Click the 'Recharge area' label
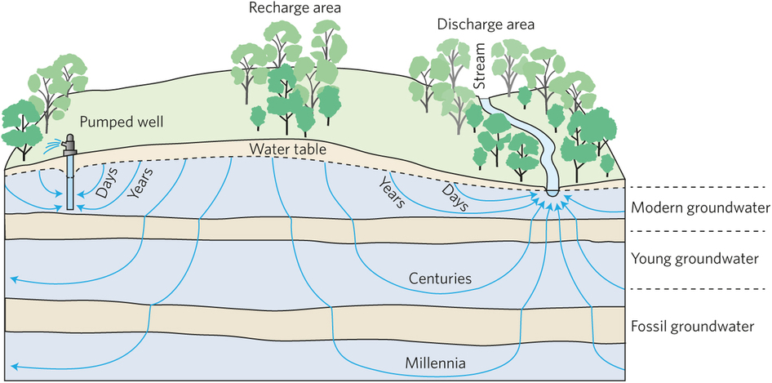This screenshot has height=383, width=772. point(284,8)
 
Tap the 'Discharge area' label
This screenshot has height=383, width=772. point(485,24)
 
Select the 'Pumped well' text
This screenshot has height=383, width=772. point(122,122)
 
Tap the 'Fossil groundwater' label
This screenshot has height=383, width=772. point(690,327)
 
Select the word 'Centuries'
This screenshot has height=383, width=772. point(440,278)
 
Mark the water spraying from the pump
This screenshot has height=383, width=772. point(54,145)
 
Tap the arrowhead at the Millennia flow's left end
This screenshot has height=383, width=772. point(14,366)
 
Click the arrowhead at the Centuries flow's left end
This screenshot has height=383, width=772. point(14,280)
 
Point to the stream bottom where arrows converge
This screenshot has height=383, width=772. point(552,192)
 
